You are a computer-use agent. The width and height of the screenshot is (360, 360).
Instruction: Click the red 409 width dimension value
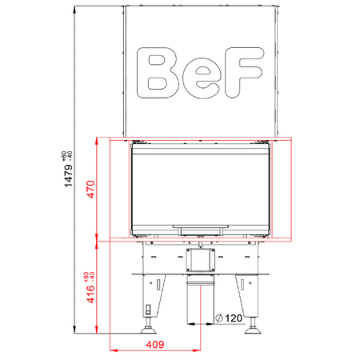155,345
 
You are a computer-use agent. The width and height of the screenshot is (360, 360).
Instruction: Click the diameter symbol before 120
219,319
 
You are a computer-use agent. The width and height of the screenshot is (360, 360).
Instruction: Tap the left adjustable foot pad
149,328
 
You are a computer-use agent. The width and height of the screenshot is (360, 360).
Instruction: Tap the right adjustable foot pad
254,328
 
